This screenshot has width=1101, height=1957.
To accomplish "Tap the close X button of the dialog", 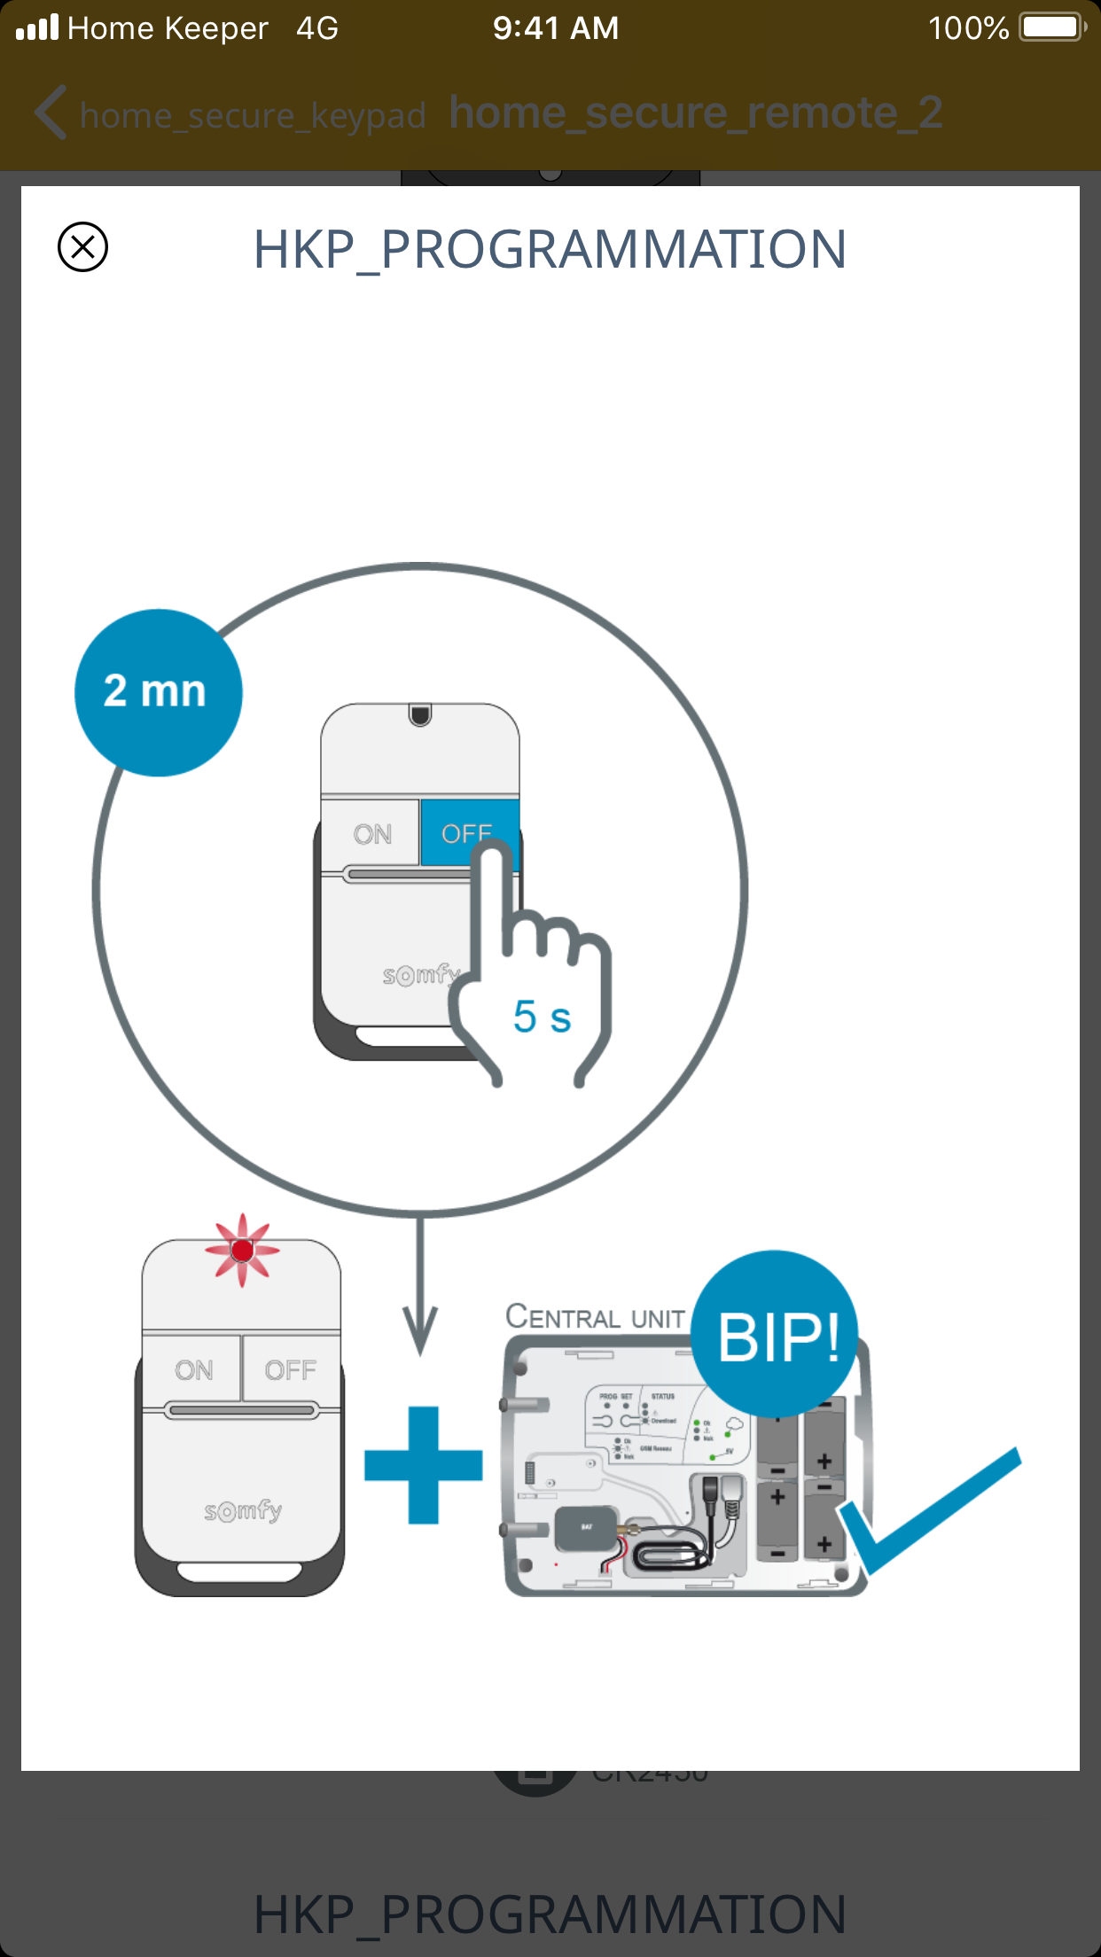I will coord(82,246).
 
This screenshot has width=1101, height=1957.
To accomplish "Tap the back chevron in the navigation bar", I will coord(51,113).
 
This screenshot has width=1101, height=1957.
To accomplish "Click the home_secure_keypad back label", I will coord(253,115).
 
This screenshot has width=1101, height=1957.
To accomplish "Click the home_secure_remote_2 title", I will coord(695,113).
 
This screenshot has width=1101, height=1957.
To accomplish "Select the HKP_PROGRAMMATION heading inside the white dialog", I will coord(550,249).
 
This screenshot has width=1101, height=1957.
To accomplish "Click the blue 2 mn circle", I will coord(158,692).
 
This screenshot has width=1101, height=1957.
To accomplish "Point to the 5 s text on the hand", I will coord(542,1016).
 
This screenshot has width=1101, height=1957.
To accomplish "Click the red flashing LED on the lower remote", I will coord(242,1251).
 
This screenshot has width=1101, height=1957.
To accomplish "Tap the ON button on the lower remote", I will coord(193,1370).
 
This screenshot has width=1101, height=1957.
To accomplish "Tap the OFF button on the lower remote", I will coord(290,1370).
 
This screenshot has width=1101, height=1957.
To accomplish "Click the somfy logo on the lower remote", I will coord(243,1510).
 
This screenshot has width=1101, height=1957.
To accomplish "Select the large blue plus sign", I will coord(424,1465).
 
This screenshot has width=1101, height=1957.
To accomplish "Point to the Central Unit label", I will coord(595,1317).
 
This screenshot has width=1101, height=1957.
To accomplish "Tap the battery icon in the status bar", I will coord(1051,27).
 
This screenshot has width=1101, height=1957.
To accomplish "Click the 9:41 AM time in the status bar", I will coord(556,28).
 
